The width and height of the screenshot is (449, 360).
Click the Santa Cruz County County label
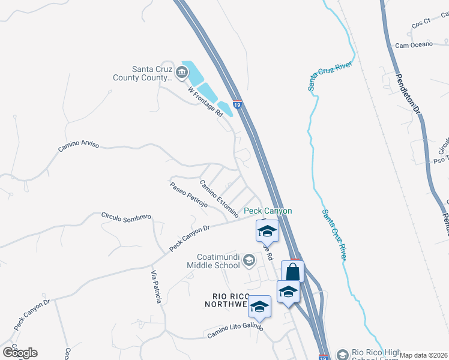point(143,73)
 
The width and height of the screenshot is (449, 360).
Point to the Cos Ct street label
point(421,23)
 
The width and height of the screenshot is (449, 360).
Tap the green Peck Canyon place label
point(268,211)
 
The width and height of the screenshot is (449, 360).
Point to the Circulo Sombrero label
point(125,217)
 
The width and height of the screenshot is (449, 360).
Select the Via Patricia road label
point(155,287)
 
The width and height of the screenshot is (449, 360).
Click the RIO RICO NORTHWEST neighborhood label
point(231,300)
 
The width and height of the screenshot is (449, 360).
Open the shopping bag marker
point(292,272)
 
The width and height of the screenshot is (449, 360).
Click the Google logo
point(20,353)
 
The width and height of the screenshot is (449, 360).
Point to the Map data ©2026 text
point(424,355)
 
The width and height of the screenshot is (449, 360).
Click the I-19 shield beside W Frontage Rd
point(237,104)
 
